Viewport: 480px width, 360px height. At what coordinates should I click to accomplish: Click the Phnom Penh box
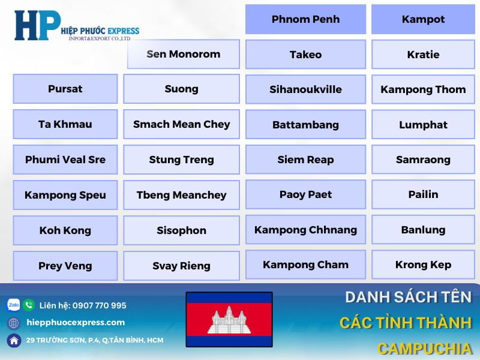pyautogui.click(x=305, y=19)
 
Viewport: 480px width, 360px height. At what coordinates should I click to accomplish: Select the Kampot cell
pyautogui.click(x=423, y=19)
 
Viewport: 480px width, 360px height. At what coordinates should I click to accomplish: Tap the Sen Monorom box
pyautogui.click(x=184, y=54)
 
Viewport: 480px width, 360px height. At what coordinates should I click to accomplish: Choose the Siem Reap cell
pyautogui.click(x=305, y=160)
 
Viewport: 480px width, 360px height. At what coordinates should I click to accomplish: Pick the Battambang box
pyautogui.click(x=305, y=125)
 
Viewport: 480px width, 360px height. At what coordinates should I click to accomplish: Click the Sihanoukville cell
pyautogui.click(x=305, y=89)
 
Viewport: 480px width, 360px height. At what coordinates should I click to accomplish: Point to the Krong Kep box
pyautogui.click(x=423, y=265)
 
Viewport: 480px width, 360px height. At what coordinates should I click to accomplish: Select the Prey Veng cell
pyautogui.click(x=65, y=266)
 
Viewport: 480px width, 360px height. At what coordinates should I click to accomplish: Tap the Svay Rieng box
pyautogui.click(x=181, y=266)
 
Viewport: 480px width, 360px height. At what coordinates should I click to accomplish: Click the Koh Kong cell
pyautogui.click(x=65, y=230)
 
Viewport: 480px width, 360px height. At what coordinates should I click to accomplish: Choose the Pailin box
pyautogui.click(x=423, y=194)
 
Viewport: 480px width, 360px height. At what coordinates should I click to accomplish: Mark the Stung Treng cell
pyautogui.click(x=181, y=160)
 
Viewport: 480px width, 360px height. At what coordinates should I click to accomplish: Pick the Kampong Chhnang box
pyautogui.click(x=305, y=230)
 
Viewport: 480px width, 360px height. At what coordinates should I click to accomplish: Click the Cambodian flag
pyautogui.click(x=229, y=320)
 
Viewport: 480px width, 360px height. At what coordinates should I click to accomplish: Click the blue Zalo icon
pyautogui.click(x=13, y=305)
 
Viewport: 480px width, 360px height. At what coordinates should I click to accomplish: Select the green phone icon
pyautogui.click(x=29, y=305)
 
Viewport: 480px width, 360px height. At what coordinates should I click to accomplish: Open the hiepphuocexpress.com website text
pyautogui.click(x=76, y=323)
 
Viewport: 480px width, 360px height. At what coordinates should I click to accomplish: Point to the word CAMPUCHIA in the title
pyautogui.click(x=424, y=349)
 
